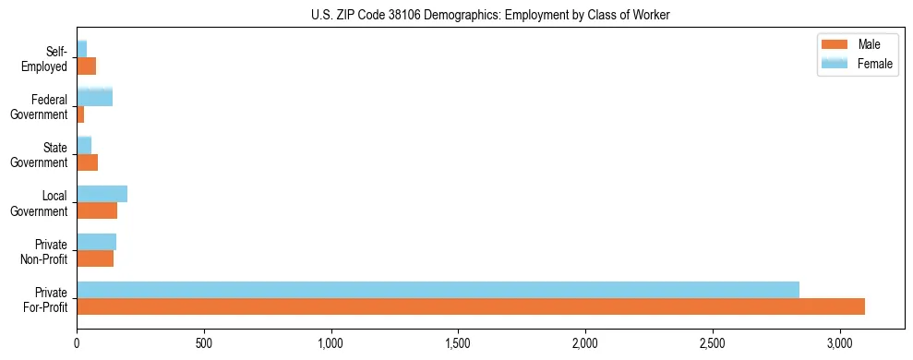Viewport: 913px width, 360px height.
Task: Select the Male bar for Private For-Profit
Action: coord(471,306)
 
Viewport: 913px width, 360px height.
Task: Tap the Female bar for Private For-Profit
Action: coord(438,290)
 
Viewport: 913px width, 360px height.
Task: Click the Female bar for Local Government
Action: coord(102,194)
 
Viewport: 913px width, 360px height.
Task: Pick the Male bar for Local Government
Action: coord(97,210)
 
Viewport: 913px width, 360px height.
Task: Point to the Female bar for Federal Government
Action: coord(94,97)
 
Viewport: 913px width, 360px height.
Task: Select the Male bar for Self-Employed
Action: coord(86,66)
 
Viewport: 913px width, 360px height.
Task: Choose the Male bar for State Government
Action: coord(87,162)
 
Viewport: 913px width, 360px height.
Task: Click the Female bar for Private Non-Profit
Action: coord(96,242)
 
